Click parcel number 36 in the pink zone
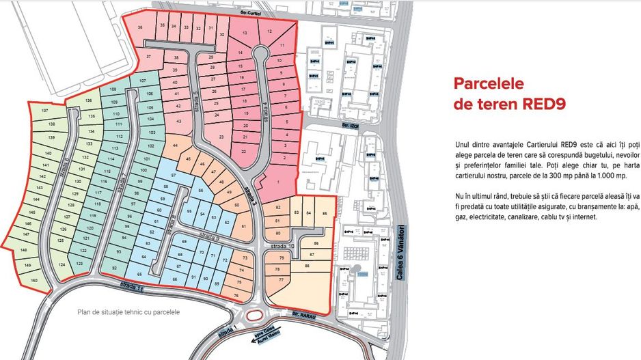(x=140, y=27)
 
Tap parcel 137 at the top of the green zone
(x=45, y=110)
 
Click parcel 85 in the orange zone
(x=324, y=214)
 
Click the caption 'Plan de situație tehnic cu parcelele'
(x=128, y=312)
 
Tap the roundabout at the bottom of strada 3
(x=256, y=315)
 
